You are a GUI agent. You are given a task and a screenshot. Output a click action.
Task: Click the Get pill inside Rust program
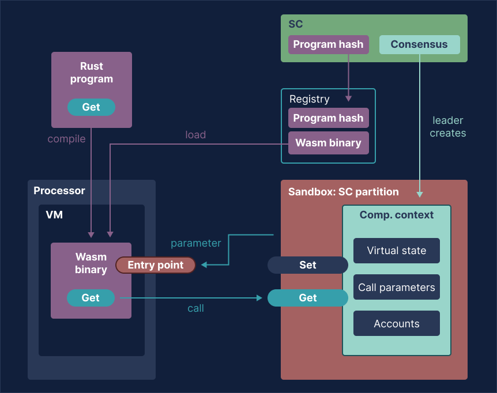(91, 107)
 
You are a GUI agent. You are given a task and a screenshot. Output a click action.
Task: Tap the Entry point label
(155, 265)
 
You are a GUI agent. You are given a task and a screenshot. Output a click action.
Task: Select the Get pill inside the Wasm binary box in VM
(91, 298)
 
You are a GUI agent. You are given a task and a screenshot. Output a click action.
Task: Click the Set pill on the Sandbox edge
(308, 265)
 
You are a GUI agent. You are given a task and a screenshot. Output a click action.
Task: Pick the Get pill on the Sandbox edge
(308, 298)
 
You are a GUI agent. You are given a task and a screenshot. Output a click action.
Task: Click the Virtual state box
(396, 251)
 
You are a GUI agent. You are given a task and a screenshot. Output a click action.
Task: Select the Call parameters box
(396, 287)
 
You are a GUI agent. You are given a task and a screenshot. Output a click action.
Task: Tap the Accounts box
(396, 324)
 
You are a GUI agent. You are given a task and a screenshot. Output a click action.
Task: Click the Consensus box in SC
(419, 44)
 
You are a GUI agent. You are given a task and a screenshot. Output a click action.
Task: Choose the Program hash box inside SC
(328, 44)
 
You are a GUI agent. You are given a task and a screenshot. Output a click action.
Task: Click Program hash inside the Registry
(328, 118)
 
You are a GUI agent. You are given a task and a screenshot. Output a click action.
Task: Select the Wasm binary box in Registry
(328, 143)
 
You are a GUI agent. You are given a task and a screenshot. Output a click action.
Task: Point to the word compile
(66, 139)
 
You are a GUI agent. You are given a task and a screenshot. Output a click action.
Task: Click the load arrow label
(195, 135)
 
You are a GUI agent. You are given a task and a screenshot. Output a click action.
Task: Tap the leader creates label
(448, 127)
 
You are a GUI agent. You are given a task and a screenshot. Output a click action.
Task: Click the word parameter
(195, 243)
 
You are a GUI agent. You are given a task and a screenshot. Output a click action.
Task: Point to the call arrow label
(195, 308)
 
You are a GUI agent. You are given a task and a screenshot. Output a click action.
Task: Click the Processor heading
(59, 191)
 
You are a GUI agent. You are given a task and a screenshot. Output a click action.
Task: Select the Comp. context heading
(396, 215)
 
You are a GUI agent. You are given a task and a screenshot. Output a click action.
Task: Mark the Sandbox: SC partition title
(343, 191)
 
